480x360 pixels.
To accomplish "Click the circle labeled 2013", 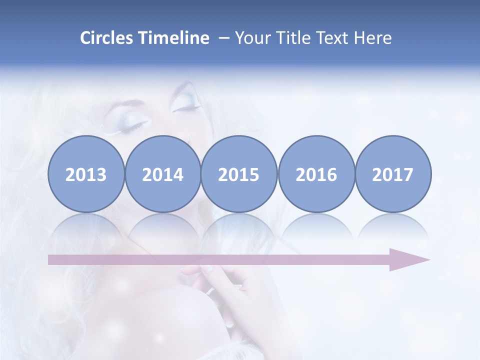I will pos(86,174).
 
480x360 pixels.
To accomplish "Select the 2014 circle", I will pos(163,174).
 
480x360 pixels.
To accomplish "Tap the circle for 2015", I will pos(239,174).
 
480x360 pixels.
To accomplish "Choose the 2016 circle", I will pos(316,174).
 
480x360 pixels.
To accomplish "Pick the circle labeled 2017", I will pos(393,174).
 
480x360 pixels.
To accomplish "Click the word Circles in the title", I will pos(107,38).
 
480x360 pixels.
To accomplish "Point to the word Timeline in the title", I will pos(174,38).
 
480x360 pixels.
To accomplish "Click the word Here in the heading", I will pos(373,38).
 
